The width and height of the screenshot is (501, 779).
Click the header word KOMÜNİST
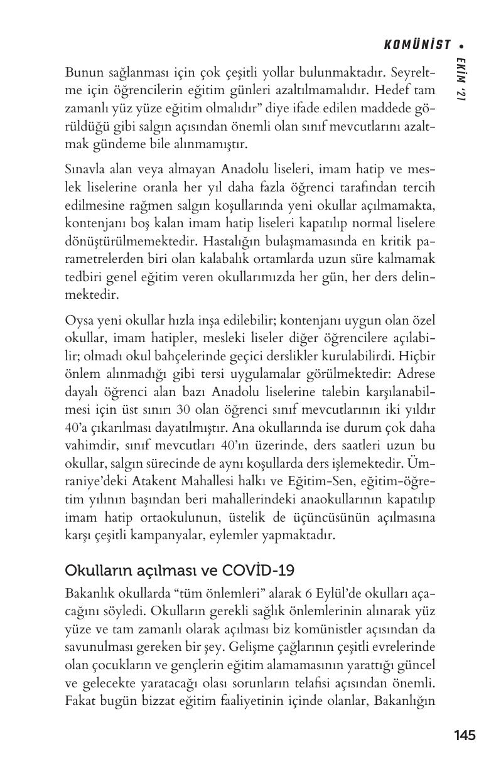(x=417, y=45)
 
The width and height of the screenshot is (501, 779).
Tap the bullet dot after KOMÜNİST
(x=462, y=45)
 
